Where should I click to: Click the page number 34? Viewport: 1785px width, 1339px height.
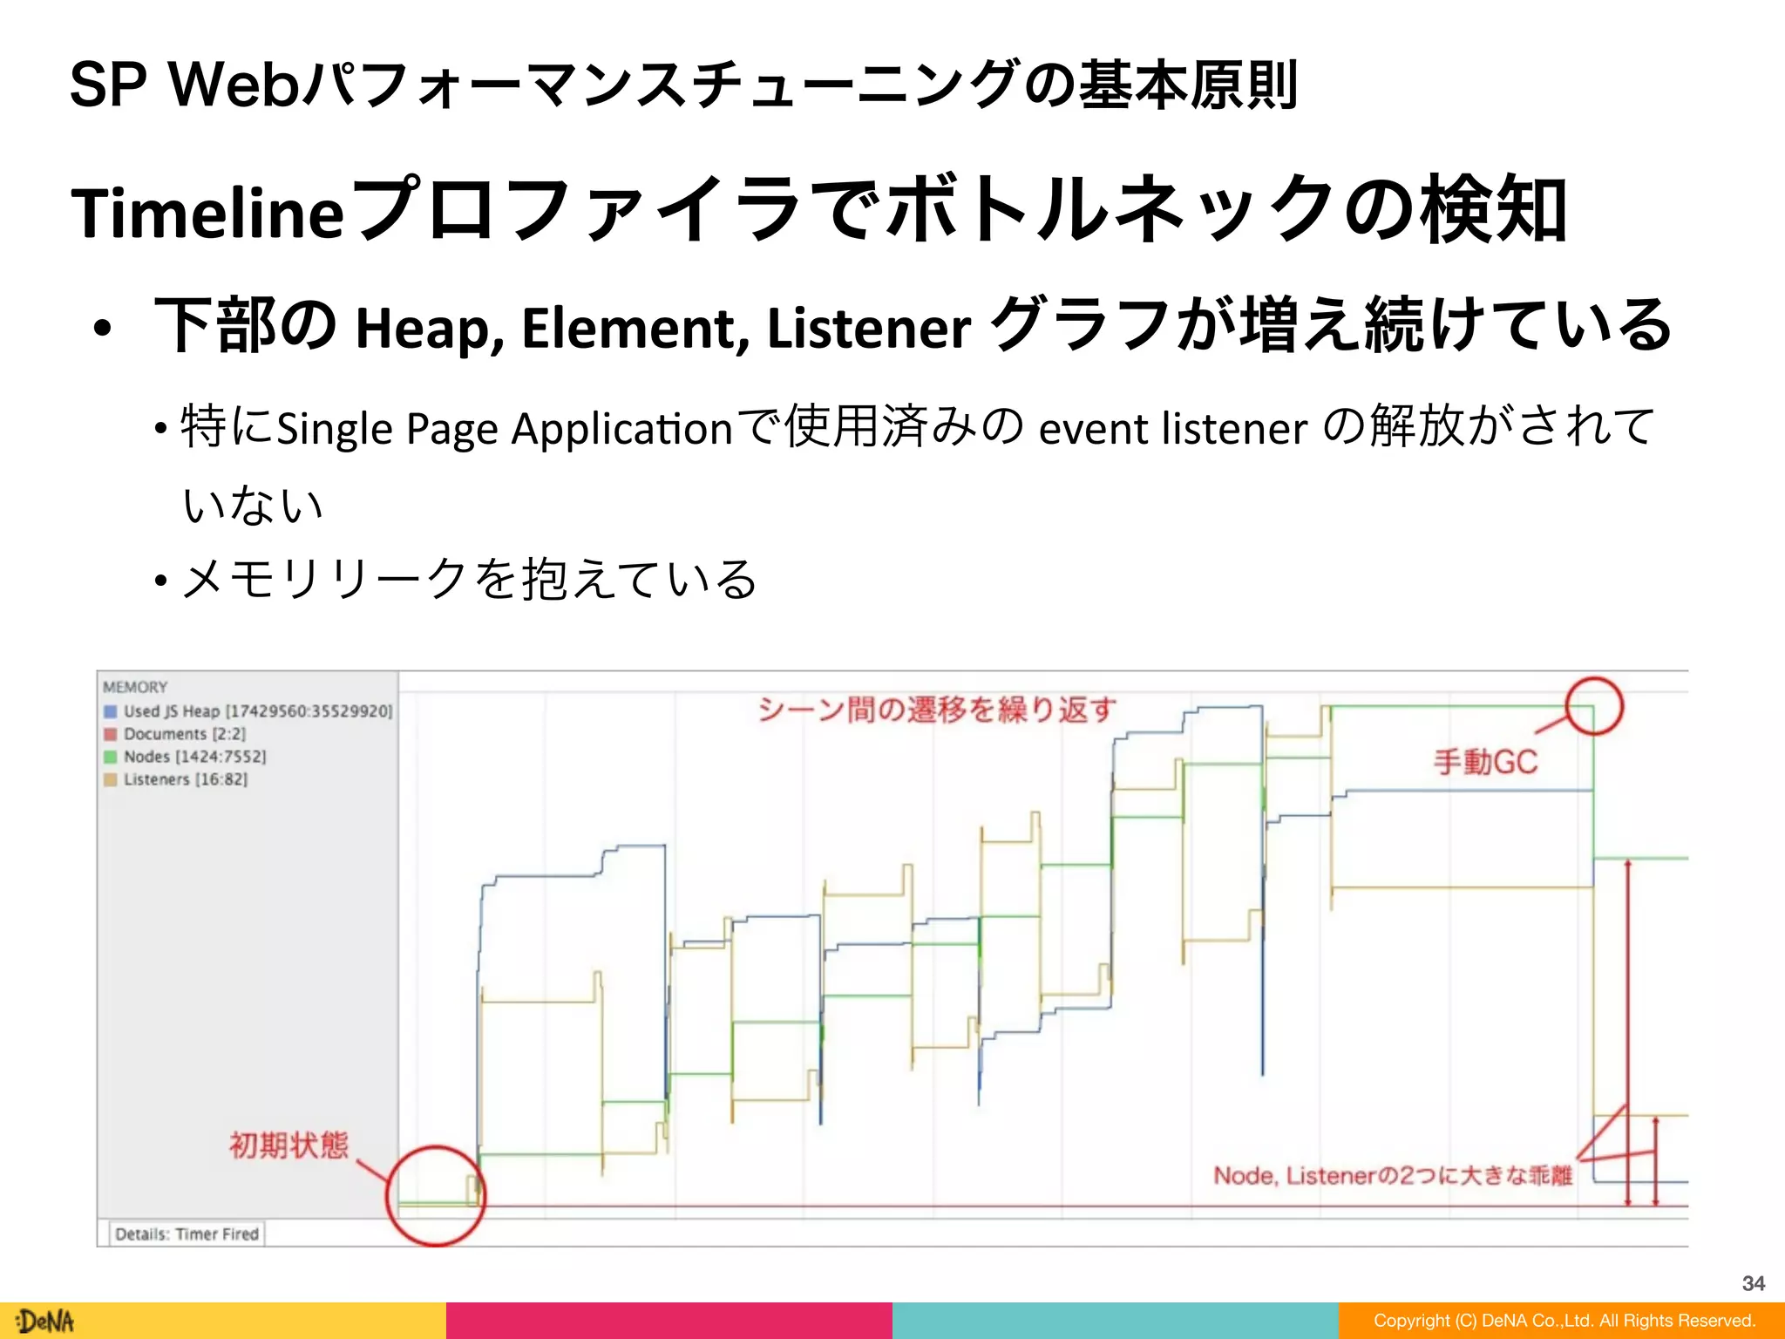tap(1753, 1283)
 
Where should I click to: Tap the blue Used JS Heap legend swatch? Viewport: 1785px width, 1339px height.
tap(111, 711)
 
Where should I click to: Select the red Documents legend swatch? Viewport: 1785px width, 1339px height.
tap(111, 734)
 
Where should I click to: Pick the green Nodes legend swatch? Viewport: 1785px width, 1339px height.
tap(111, 757)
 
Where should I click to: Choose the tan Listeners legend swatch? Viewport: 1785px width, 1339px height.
tap(111, 779)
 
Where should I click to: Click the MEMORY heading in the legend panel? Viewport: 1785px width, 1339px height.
tap(135, 687)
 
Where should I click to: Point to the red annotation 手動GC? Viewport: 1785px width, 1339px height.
tap(1485, 763)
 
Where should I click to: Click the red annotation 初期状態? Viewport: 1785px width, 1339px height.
tap(288, 1145)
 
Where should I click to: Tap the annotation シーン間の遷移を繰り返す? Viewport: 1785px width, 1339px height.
tap(937, 710)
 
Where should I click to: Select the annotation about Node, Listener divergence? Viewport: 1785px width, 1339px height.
tap(1392, 1176)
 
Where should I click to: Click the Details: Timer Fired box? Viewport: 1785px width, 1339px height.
tap(187, 1234)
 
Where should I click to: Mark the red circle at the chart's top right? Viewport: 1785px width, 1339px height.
tap(1594, 705)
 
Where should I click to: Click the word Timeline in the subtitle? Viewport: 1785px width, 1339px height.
tap(207, 213)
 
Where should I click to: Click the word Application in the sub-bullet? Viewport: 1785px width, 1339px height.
tap(621, 429)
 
